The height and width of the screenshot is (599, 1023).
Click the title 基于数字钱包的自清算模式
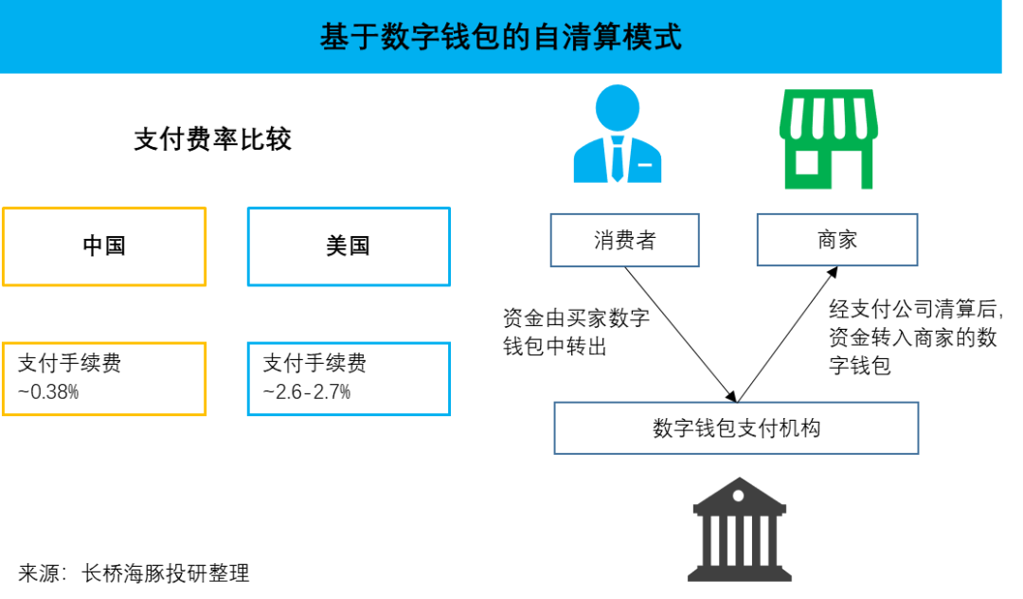click(x=500, y=37)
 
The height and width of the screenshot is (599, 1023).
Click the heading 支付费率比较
click(x=213, y=139)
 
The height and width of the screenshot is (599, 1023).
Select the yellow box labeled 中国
click(x=104, y=246)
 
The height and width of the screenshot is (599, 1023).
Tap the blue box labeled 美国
click(x=349, y=246)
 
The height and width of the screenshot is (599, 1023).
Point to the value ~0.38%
click(x=48, y=391)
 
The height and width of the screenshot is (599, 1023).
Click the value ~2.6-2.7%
click(x=307, y=391)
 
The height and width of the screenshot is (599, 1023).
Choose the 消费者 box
click(x=624, y=240)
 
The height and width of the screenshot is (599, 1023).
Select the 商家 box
click(x=837, y=240)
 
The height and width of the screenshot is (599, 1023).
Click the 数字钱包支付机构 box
click(x=736, y=428)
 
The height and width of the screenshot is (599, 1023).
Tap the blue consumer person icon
click(x=618, y=134)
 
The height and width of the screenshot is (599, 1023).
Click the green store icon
click(x=829, y=139)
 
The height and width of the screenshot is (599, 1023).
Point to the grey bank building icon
click(x=739, y=529)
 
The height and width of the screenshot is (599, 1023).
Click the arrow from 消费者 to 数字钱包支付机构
click(x=680, y=335)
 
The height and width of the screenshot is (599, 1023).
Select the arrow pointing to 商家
click(x=787, y=334)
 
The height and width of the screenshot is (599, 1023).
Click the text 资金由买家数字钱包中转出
click(x=576, y=332)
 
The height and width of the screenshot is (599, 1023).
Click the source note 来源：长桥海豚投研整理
click(x=134, y=572)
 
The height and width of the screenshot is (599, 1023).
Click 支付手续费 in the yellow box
click(x=69, y=363)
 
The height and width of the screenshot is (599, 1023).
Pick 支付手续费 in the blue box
click(x=314, y=363)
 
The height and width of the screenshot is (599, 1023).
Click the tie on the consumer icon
click(x=618, y=159)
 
